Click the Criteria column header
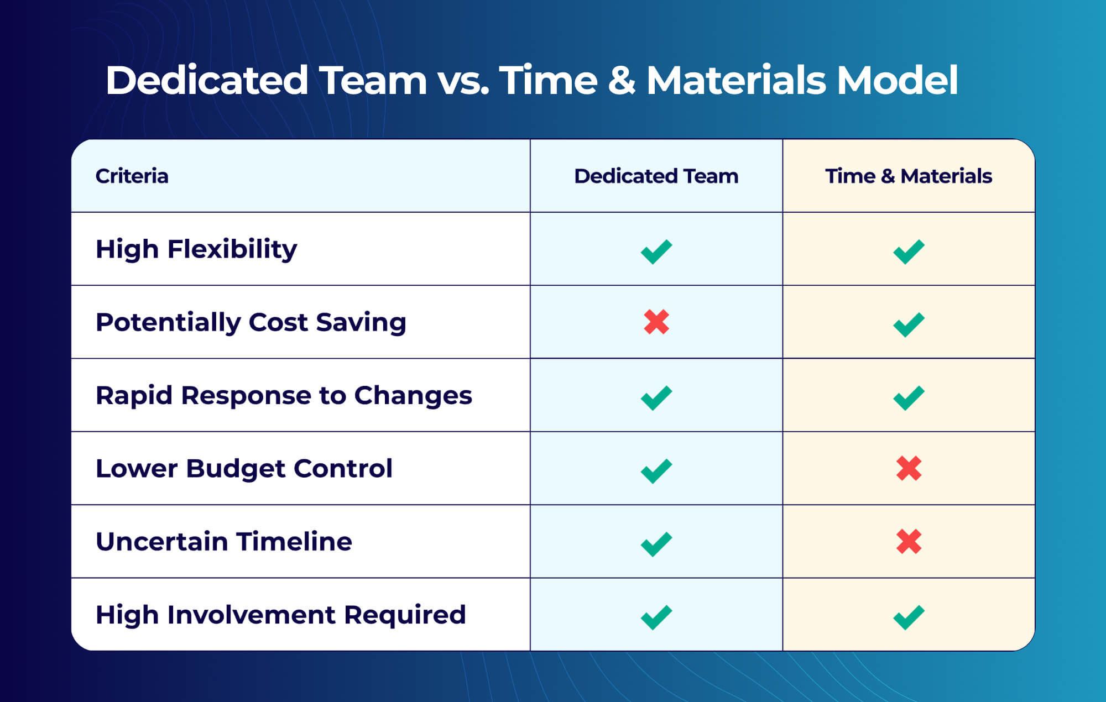tap(132, 176)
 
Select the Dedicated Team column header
tap(656, 176)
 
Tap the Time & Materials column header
tap(909, 176)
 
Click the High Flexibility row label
tap(196, 249)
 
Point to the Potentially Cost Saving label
tap(251, 322)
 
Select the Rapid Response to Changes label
tap(284, 395)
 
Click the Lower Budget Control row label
tap(244, 469)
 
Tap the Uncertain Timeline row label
tap(223, 542)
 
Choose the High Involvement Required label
tap(280, 615)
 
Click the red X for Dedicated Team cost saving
tap(656, 322)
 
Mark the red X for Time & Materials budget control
tap(909, 468)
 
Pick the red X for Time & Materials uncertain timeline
tap(909, 541)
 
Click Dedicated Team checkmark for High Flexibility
tap(656, 252)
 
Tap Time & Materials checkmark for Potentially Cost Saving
tap(909, 324)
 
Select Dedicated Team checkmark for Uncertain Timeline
tap(656, 544)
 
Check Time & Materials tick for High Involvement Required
tap(909, 617)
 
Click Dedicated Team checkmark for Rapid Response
tap(656, 397)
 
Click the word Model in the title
tap(897, 81)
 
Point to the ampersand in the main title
tap(622, 81)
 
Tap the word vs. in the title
tap(463, 81)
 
